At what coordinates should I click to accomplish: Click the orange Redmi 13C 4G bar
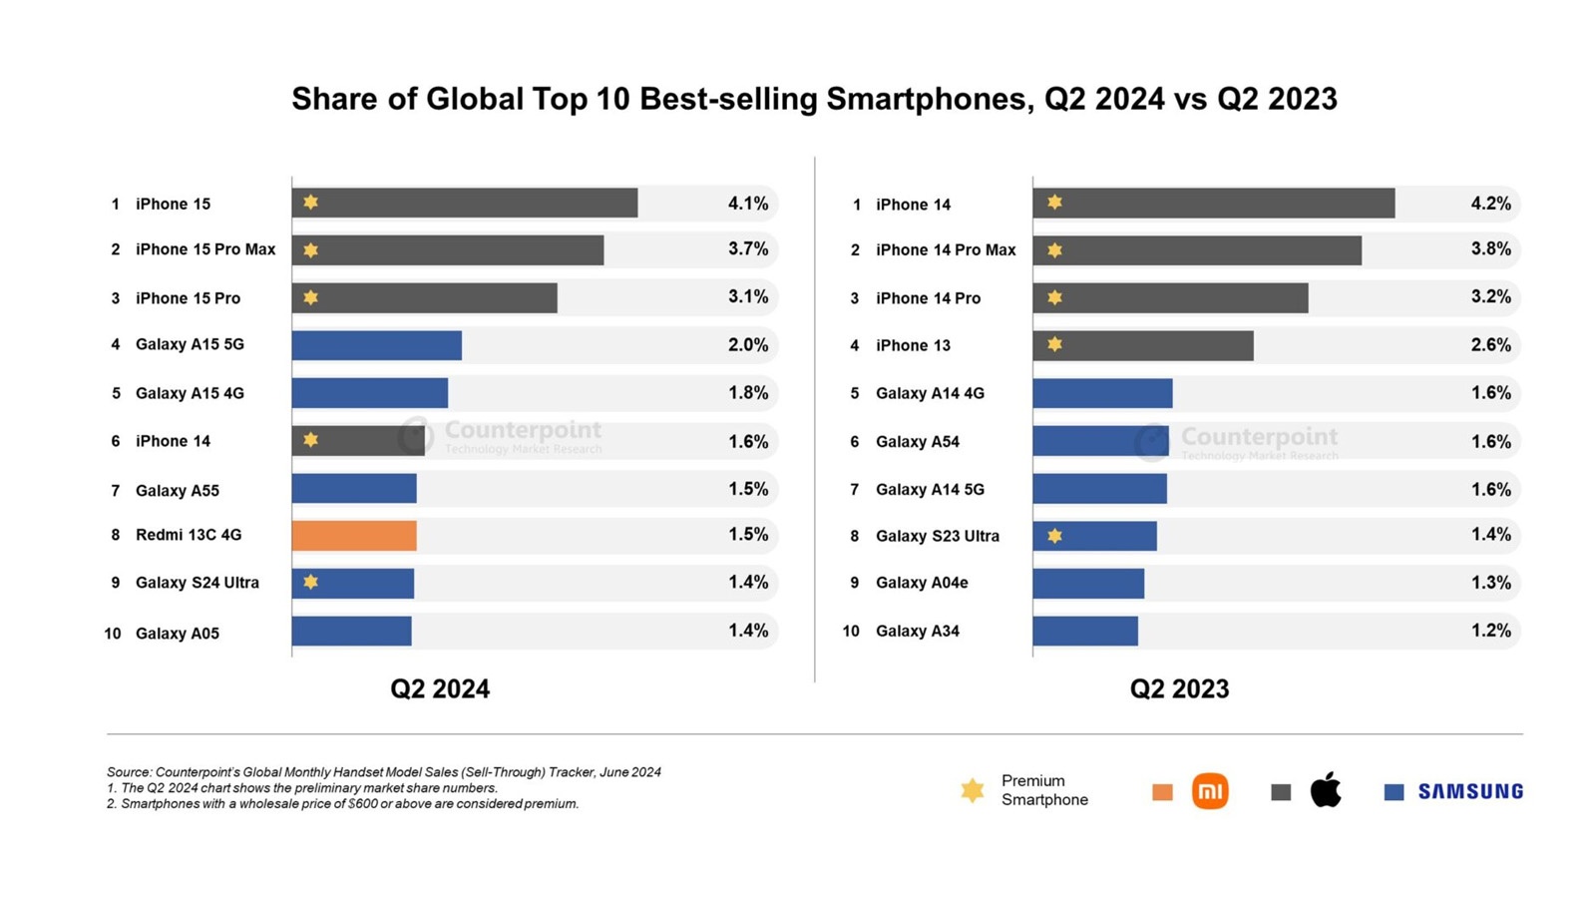(x=354, y=536)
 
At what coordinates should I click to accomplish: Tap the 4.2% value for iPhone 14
(x=1490, y=204)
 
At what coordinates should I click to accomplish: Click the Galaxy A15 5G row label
(x=190, y=344)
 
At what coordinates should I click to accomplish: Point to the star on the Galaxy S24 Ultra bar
(x=311, y=582)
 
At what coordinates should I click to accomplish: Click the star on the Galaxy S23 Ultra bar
(x=1054, y=536)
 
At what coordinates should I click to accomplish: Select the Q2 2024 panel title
(x=440, y=688)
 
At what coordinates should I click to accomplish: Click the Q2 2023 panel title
(x=1179, y=688)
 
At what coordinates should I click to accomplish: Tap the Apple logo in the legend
(x=1326, y=790)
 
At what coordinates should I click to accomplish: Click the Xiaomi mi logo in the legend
(x=1210, y=791)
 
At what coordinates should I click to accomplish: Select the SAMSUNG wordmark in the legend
(x=1470, y=792)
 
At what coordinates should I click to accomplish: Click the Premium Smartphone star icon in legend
(x=973, y=791)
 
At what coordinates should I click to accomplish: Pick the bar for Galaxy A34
(x=1085, y=631)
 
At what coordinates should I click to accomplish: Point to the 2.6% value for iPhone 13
(x=1490, y=345)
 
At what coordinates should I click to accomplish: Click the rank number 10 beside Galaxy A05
(x=113, y=634)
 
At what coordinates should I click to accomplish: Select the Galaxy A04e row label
(x=922, y=583)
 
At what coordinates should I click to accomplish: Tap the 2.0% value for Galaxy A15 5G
(x=748, y=345)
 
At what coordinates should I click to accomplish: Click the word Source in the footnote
(x=129, y=772)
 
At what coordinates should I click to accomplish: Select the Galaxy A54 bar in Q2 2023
(x=1100, y=441)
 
